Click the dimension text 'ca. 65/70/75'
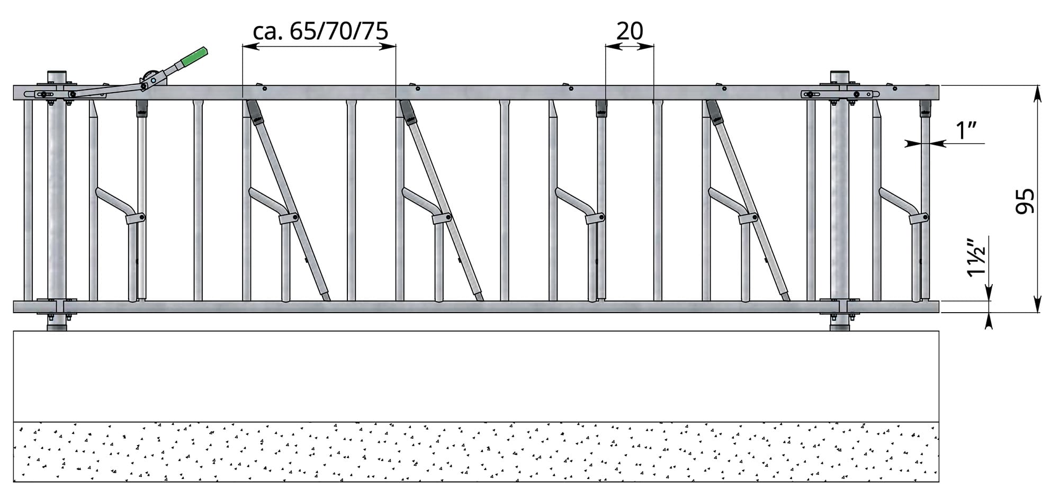321,31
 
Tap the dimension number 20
630,31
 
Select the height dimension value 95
1025,201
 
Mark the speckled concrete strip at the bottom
475,452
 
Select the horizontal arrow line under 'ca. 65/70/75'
319,47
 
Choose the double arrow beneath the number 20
630,47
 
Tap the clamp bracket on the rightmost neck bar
919,218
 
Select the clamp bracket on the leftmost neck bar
136,218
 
